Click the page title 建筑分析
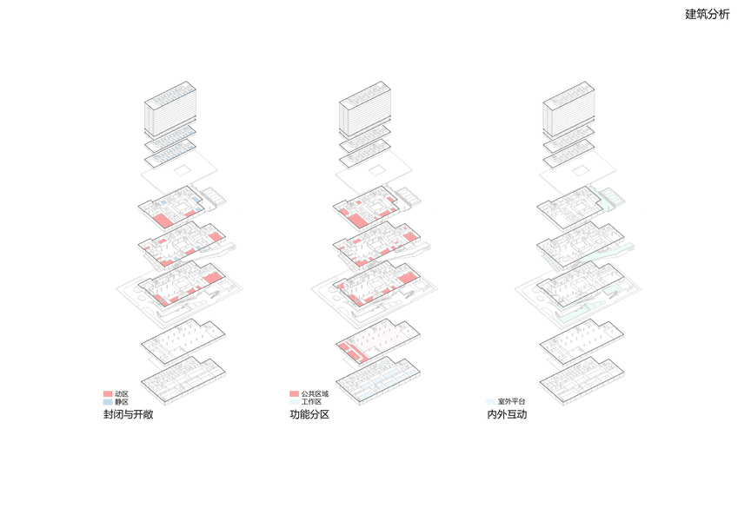point(707,14)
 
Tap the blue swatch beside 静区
point(108,402)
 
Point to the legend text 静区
point(122,402)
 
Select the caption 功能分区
point(309,416)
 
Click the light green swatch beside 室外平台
point(490,402)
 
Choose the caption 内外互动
point(507,416)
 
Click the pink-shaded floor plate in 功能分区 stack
point(379,341)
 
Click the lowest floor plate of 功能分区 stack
point(378,379)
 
